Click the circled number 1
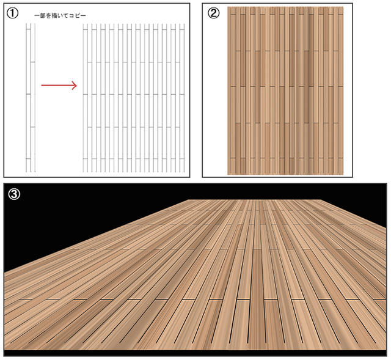coord(12,13)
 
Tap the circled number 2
coord(214,13)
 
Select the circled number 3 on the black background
coord(14,194)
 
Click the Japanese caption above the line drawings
coord(60,15)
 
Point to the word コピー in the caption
coord(78,15)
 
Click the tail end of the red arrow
coord(42,86)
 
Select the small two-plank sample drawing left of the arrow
coord(31,98)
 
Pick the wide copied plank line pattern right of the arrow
coord(134,98)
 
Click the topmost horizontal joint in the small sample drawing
coord(28,29)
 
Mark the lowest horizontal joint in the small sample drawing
coord(28,158)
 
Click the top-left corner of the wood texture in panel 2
coord(228,7)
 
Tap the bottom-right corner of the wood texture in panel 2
coord(343,174)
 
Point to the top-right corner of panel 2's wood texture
coord(343,7)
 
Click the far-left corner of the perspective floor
coord(189,200)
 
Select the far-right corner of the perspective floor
coord(321,200)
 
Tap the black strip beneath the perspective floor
coord(195,353)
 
